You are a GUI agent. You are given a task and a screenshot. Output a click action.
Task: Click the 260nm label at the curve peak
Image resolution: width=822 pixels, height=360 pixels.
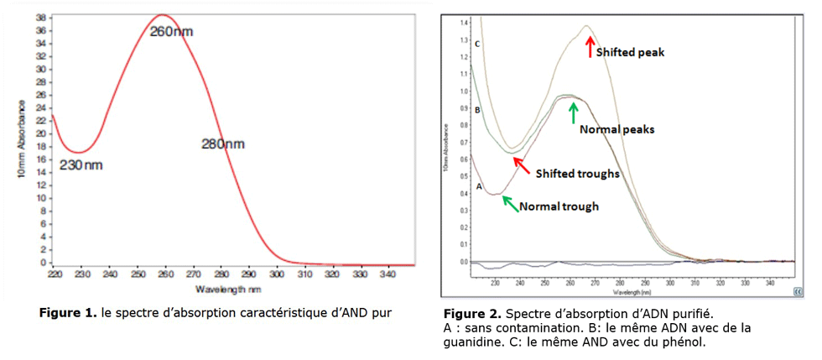click(x=171, y=31)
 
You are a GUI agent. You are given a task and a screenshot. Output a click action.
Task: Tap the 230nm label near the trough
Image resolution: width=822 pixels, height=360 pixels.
click(x=81, y=164)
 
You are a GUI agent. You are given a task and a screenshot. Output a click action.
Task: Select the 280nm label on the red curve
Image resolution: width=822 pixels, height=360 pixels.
click(x=223, y=144)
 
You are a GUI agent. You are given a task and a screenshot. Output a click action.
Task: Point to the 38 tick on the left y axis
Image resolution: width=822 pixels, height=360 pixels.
click(x=39, y=17)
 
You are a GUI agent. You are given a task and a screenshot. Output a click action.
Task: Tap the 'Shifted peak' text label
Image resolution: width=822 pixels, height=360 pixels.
click(x=632, y=52)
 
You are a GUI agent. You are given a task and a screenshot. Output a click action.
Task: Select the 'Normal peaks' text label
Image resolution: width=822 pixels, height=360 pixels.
click(x=616, y=130)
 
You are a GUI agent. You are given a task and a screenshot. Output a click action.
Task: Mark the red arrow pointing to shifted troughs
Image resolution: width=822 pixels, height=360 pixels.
click(x=522, y=165)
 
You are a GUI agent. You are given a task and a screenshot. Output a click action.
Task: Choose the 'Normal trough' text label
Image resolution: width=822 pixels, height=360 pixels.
click(x=559, y=206)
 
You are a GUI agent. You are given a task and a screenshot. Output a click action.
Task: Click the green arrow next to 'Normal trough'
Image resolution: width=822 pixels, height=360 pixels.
click(x=509, y=203)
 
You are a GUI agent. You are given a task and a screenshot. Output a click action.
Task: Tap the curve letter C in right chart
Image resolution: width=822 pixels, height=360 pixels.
click(x=476, y=43)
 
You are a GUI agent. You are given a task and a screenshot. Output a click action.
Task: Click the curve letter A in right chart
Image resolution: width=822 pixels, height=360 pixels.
click(x=479, y=186)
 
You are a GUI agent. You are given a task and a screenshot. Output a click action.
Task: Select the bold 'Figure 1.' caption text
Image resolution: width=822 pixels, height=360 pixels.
click(x=68, y=314)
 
